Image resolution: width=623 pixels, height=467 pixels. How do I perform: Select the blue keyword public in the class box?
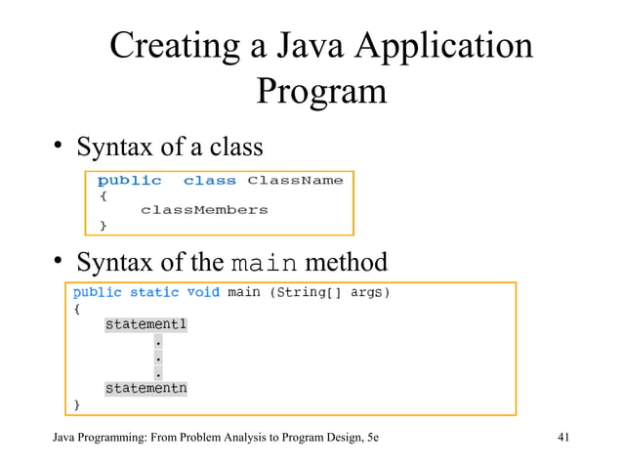129,181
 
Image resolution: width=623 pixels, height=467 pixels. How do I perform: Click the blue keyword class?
209,181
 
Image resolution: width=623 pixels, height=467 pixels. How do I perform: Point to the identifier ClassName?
295,181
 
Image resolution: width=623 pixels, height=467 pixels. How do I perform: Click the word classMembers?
203,210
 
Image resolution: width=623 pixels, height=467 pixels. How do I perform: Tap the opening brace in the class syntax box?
103,195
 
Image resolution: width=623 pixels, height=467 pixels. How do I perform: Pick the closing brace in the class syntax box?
103,226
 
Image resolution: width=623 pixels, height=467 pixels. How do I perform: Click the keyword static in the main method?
154,292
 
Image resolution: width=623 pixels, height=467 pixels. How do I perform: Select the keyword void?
203,292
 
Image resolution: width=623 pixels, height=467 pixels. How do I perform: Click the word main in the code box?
243,292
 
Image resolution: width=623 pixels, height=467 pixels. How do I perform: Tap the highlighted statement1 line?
145,324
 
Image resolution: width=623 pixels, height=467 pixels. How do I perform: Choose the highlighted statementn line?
145,388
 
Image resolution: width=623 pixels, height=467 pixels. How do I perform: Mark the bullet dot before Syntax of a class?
59,149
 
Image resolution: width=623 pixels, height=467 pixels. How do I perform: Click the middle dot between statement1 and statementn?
158,358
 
